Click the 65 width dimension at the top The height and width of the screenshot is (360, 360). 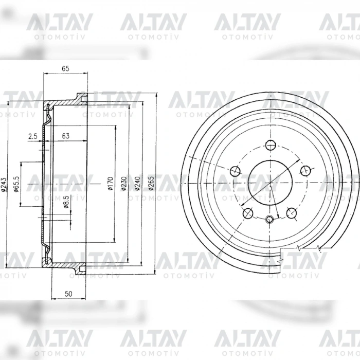[x=66, y=68]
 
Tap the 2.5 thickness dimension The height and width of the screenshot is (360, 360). [x=32, y=136]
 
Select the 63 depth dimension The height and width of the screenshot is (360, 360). [x=66, y=136]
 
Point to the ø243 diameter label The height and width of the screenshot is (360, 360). [x=4, y=184]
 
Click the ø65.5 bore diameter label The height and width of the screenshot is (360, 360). [x=16, y=184]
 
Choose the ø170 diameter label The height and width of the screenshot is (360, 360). [x=110, y=184]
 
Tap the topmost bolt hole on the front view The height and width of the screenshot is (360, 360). [x=269, y=145]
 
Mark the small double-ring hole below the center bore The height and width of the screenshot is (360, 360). [x=269, y=220]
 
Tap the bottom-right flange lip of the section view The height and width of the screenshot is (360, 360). [x=80, y=269]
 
